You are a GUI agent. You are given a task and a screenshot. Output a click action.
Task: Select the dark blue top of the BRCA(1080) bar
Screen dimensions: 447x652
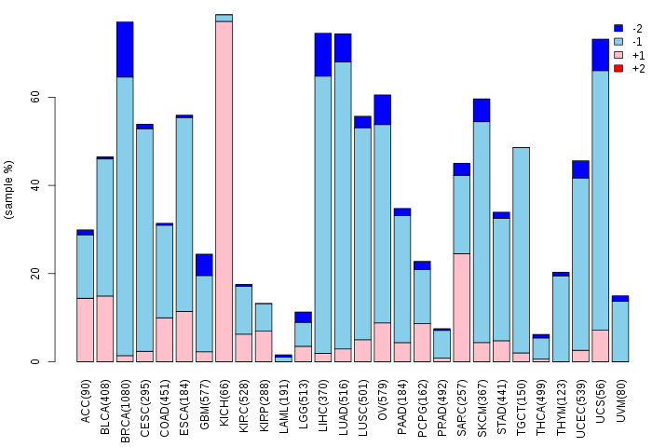tap(125, 49)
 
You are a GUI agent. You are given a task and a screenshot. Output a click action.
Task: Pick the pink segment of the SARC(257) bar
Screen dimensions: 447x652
tap(461, 307)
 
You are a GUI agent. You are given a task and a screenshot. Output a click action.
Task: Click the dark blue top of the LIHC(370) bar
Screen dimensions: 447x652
tap(323, 54)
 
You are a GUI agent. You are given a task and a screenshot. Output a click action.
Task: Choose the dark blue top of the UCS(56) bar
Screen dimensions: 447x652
tap(600, 54)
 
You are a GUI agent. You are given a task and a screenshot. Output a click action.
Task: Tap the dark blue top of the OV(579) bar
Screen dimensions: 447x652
tap(382, 109)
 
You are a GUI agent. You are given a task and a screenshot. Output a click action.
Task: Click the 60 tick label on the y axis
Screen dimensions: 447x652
tap(34, 98)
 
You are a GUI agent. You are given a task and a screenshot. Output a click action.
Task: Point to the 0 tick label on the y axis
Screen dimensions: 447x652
tap(34, 362)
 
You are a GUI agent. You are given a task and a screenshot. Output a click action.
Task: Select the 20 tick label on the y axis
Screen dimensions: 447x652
tap(34, 274)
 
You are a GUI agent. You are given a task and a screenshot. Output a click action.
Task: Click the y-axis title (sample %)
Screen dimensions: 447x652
tap(9, 190)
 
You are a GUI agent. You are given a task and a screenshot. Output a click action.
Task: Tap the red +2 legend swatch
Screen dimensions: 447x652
tap(618, 69)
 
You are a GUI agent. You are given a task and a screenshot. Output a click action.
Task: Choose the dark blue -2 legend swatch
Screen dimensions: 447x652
tap(618, 29)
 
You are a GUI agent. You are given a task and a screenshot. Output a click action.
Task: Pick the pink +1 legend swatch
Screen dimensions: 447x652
tap(618, 56)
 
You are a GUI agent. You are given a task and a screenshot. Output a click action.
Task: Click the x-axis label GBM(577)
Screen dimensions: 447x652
tap(204, 396)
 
